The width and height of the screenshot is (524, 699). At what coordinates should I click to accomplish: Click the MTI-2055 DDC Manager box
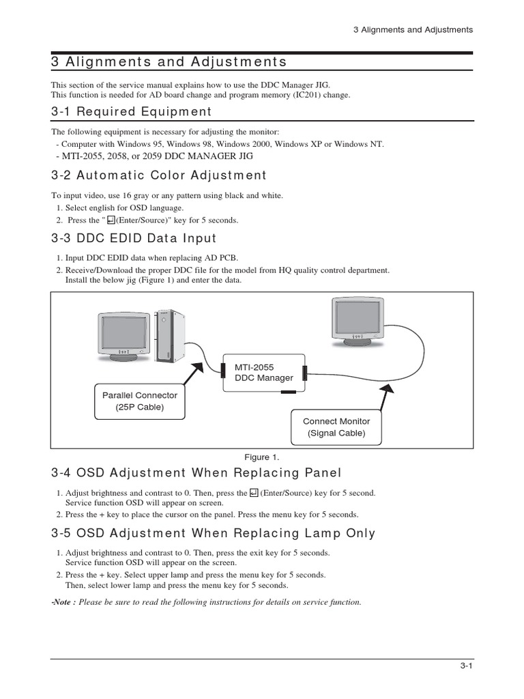click(x=263, y=373)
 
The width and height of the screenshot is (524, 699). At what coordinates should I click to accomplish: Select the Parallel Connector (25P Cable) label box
click(x=139, y=401)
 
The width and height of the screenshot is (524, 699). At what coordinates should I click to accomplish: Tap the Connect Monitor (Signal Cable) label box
click(x=334, y=427)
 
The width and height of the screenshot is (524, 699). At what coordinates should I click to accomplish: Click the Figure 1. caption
click(x=262, y=457)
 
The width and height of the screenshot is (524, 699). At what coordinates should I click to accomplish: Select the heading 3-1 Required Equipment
click(x=131, y=112)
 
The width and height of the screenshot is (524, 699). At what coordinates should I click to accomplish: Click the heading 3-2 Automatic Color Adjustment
click(x=158, y=175)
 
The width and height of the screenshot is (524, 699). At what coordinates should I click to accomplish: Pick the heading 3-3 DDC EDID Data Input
click(x=133, y=238)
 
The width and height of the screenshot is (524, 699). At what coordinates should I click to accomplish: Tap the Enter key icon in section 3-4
click(x=253, y=493)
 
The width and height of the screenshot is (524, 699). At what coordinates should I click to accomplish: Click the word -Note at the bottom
click(x=63, y=602)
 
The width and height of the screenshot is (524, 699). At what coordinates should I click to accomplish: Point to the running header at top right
click(x=413, y=30)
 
